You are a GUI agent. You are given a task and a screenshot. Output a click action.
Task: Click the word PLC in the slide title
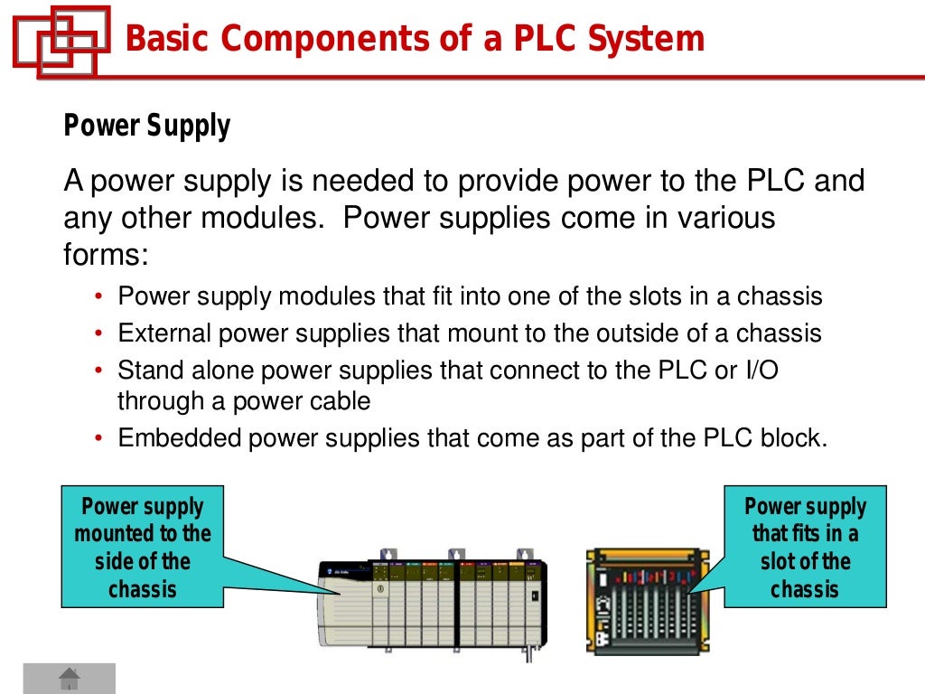click(544, 39)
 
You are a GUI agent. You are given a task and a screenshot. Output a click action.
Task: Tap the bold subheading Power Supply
click(146, 126)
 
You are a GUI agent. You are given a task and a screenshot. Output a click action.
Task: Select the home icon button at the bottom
click(70, 678)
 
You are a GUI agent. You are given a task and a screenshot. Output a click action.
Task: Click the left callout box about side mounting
click(142, 547)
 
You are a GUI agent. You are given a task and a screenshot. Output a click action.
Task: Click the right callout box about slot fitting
click(805, 547)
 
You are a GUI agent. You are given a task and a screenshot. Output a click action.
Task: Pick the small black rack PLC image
click(648, 600)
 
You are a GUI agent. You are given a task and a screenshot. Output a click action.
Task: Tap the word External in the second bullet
click(163, 334)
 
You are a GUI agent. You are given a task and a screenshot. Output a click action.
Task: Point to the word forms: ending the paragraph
click(105, 255)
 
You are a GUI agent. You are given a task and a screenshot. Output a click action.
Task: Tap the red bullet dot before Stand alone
click(99, 371)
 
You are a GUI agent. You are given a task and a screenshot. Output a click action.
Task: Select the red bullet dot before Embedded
click(99, 440)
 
